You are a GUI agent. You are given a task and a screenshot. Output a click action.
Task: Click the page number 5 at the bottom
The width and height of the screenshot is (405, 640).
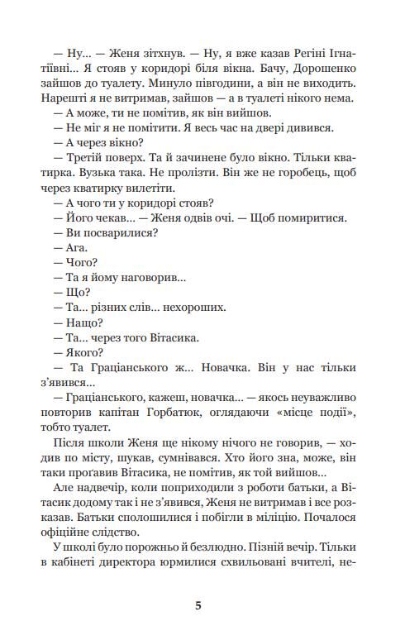point(198,605)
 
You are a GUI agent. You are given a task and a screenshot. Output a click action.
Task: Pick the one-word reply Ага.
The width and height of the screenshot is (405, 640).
point(75,249)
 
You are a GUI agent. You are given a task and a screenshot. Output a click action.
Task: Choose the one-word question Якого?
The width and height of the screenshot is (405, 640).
point(82,353)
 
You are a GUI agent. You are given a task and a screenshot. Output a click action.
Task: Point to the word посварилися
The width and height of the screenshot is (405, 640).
point(121,234)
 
